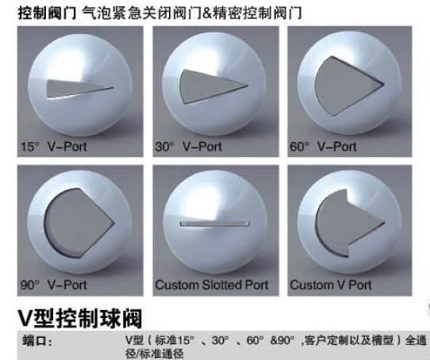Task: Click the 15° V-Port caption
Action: [54, 147]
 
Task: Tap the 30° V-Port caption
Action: [188, 147]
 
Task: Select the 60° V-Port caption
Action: [324, 147]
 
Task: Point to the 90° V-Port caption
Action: [54, 285]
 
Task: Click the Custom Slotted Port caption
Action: [212, 285]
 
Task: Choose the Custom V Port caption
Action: [331, 285]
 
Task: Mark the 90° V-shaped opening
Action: [79, 223]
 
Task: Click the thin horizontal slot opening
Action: [215, 224]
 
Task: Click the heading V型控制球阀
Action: [80, 318]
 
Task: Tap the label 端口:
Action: [37, 341]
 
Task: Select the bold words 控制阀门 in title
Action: [47, 13]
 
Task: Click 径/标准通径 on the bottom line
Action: [155, 354]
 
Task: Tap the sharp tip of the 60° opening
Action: [383, 84]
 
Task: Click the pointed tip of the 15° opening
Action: [113, 88]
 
